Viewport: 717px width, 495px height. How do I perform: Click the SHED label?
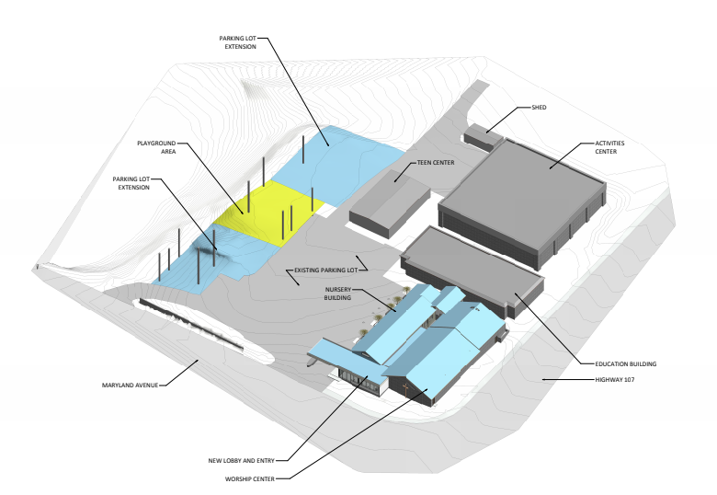click(539, 108)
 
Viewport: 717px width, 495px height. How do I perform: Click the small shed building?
click(482, 138)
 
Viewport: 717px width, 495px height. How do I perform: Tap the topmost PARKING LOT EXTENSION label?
click(238, 42)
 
